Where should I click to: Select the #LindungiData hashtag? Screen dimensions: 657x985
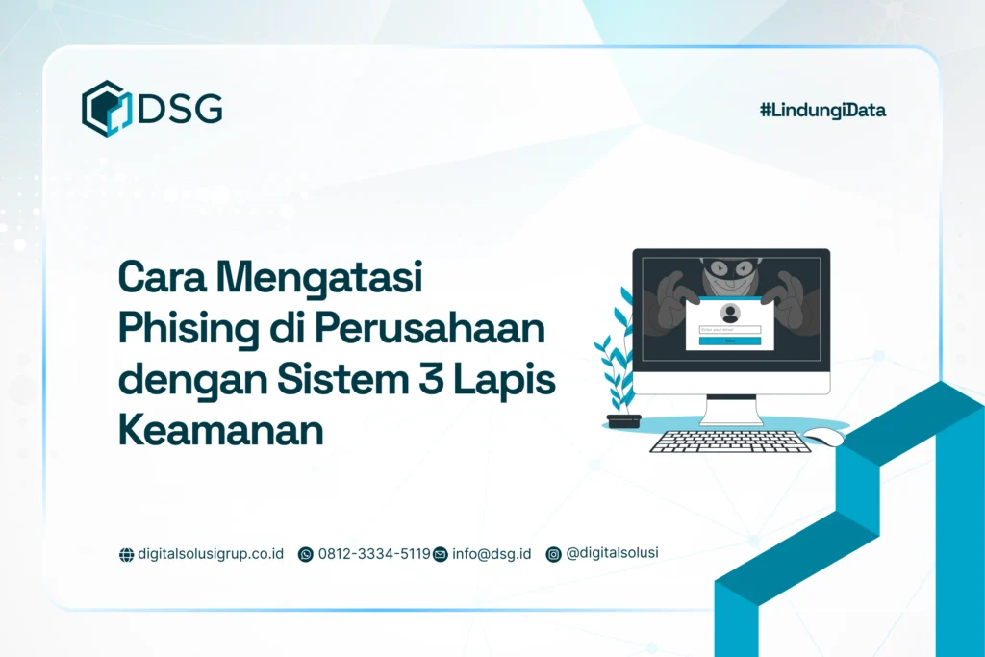(822, 110)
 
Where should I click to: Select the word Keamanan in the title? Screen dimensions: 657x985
(220, 430)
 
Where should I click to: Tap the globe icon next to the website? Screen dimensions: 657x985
(126, 554)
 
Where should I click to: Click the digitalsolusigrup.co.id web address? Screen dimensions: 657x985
(211, 554)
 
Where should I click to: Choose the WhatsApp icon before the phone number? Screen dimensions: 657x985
(306, 554)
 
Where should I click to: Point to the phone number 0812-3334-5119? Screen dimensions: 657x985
(374, 554)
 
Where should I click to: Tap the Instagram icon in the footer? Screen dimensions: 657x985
(553, 554)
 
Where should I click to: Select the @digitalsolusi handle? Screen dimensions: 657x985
(613, 553)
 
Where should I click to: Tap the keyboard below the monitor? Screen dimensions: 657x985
(730, 442)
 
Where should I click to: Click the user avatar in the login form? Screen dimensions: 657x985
(730, 314)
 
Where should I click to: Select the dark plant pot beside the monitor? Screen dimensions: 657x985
(623, 420)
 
